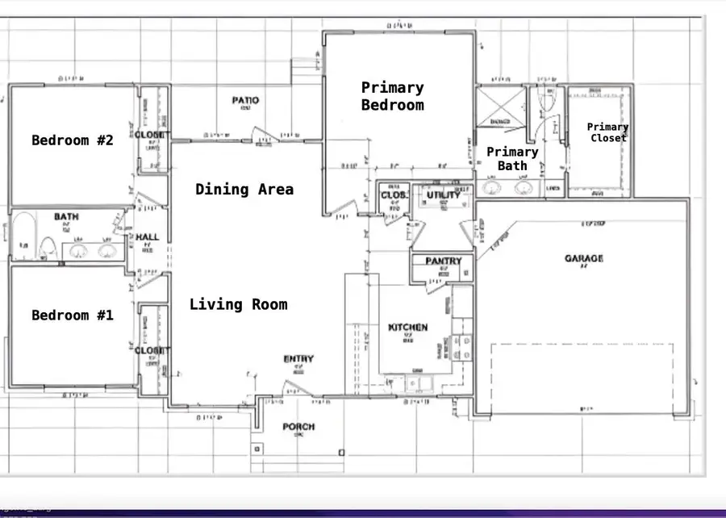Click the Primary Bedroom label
392,96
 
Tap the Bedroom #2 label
73,140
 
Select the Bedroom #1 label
73,315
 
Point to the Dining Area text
244,190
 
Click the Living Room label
238,304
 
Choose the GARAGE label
584,259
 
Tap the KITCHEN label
408,328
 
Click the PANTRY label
443,261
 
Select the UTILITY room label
443,194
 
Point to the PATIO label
245,101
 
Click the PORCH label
298,427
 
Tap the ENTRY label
298,359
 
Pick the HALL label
148,237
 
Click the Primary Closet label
607,132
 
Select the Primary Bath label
512,158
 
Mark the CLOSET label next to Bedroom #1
152,351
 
